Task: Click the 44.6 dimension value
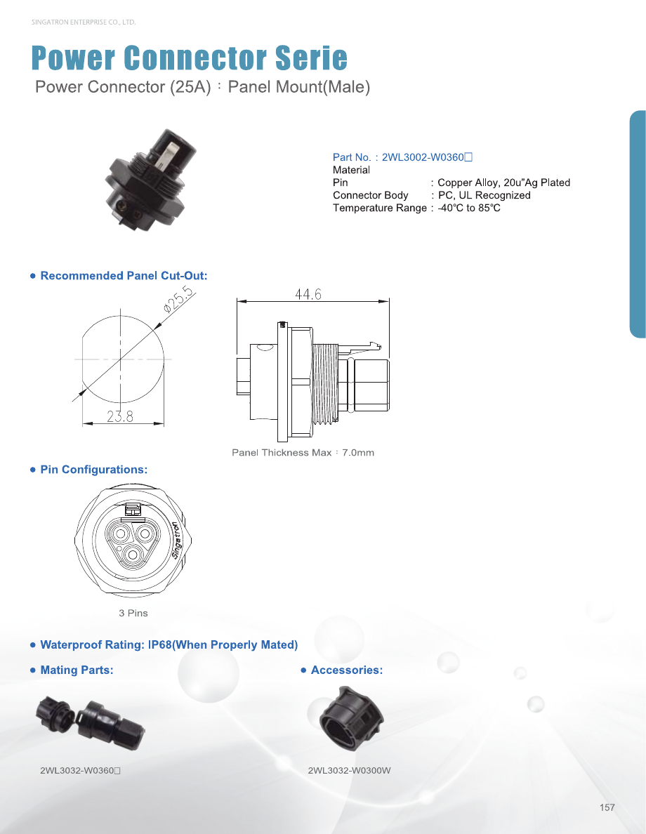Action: [308, 294]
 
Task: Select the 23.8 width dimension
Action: [120, 416]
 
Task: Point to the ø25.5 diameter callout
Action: [179, 299]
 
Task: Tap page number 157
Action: [607, 807]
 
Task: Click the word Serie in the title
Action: [311, 58]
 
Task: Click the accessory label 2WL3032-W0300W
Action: [349, 770]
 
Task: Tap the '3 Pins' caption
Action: [133, 613]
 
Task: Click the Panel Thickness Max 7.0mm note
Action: [303, 453]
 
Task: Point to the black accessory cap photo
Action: [351, 718]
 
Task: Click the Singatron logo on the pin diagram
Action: [177, 541]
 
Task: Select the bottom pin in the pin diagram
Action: [131, 555]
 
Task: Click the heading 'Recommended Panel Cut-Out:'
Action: [124, 275]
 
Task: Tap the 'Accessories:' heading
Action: [347, 670]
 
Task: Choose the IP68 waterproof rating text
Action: [169, 644]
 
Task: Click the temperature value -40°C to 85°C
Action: [469, 208]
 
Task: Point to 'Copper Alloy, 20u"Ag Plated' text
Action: [504, 183]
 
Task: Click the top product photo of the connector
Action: [151, 180]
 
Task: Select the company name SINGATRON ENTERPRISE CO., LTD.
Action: [84, 22]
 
